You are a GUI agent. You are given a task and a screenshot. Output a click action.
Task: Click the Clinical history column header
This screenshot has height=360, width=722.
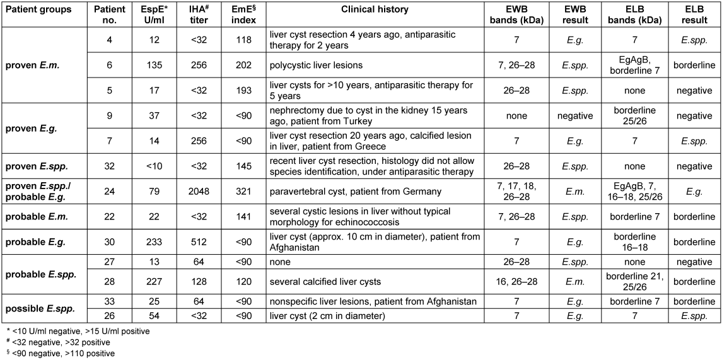[x=374, y=10]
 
